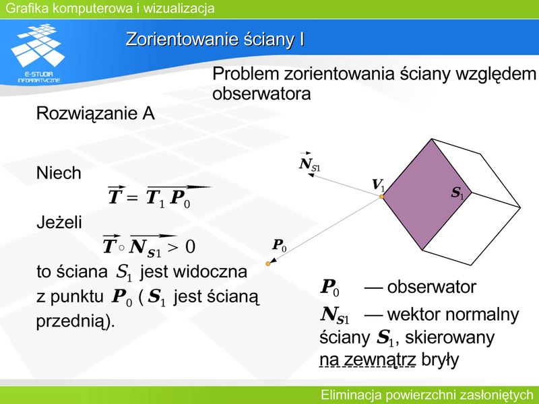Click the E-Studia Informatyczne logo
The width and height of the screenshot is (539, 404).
tap(38, 53)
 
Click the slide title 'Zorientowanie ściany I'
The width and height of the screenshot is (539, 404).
tap(215, 39)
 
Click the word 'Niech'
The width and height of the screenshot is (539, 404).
tap(59, 173)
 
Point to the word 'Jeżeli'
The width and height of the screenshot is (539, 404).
tap(59, 222)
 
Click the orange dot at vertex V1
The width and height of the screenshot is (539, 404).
tap(381, 197)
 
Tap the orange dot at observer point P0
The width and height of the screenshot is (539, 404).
tap(267, 263)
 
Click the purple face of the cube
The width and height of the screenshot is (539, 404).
tap(426, 194)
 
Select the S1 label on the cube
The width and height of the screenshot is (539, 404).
tap(457, 193)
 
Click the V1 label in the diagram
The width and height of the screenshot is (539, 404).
tap(379, 184)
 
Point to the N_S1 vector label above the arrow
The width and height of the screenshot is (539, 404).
tap(309, 162)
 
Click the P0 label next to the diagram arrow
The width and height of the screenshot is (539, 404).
tap(280, 245)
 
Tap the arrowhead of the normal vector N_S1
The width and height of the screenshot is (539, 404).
tap(311, 175)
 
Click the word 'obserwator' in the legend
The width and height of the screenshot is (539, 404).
tap(431, 287)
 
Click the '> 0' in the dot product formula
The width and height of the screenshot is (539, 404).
tap(181, 246)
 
